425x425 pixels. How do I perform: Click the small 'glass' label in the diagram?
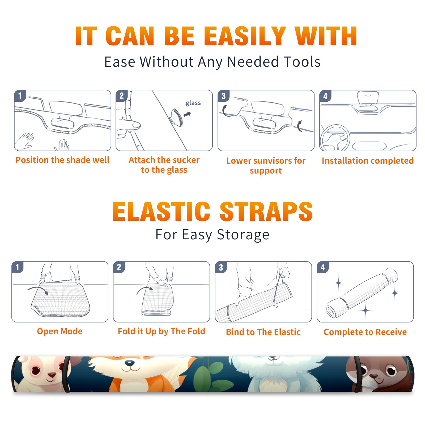click(x=193, y=103)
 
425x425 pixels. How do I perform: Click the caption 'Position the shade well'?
click(x=62, y=160)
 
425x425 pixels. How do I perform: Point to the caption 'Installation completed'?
click(x=368, y=161)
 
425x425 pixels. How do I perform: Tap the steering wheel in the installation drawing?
click(x=335, y=138)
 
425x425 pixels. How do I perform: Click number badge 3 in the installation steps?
click(x=223, y=96)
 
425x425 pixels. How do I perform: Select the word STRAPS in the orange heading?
click(x=266, y=212)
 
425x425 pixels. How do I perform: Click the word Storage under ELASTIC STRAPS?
click(x=243, y=235)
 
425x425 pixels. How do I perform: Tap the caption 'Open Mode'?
click(x=60, y=331)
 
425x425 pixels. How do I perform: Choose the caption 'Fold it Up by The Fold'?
click(x=161, y=331)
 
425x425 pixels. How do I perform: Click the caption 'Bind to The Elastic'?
click(x=263, y=332)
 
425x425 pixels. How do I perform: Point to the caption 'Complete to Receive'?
click(x=365, y=332)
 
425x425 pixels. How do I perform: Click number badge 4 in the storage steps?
click(x=323, y=267)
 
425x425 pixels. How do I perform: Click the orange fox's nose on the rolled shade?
click(x=129, y=363)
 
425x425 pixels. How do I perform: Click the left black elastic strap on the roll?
click(x=67, y=374)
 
